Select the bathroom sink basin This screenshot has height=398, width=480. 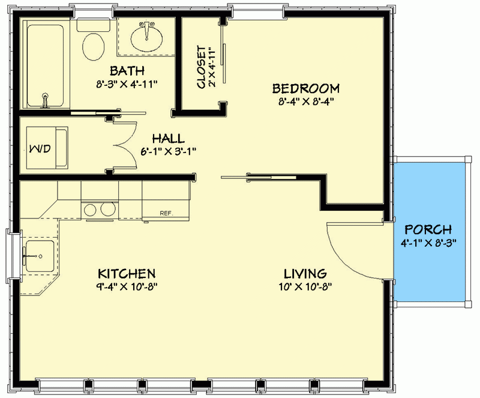coord(146,38)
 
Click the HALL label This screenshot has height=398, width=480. coord(167,138)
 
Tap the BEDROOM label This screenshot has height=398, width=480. coord(306,88)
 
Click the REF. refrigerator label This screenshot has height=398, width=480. coord(166,213)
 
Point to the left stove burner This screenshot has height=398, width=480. coord(91,210)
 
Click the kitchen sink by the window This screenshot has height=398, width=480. coord(38,256)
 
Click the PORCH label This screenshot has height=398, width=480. coord(428,230)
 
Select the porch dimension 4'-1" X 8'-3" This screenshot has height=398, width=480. coord(428,243)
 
